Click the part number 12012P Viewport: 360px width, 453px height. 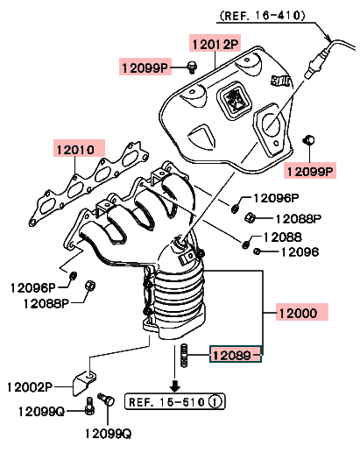[215, 44]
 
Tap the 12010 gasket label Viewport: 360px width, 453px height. [75, 150]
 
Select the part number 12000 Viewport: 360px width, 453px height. [298, 313]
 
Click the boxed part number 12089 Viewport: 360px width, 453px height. [232, 355]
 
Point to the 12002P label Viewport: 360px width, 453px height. [30, 387]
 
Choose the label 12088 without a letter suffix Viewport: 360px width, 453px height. [283, 237]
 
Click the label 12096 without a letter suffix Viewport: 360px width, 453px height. [300, 251]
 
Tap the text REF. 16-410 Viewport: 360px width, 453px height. [262, 16]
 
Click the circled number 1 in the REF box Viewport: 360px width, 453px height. [215, 402]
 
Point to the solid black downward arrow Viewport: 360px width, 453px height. [175, 386]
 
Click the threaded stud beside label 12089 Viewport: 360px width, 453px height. [184, 356]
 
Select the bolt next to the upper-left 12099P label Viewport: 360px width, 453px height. [192, 67]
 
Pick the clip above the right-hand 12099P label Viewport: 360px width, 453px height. [308, 140]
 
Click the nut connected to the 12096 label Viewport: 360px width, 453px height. [257, 251]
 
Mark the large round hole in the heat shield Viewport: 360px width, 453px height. [271, 124]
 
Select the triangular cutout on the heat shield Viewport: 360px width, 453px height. [202, 136]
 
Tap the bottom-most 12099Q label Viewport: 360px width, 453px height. [109, 434]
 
